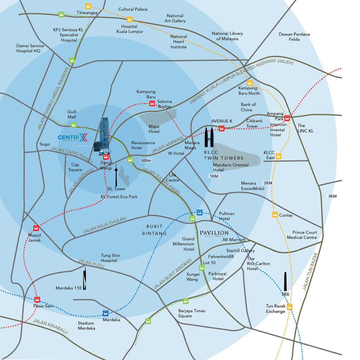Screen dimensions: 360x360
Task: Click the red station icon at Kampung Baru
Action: pyautogui.click(x=152, y=103)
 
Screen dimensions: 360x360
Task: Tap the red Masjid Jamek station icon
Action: pyautogui.click(x=36, y=228)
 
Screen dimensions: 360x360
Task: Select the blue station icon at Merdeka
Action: pyautogui.click(x=105, y=313)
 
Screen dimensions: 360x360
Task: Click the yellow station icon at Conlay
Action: pyautogui.click(x=275, y=215)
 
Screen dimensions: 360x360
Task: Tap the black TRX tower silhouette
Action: pyautogui.click(x=285, y=282)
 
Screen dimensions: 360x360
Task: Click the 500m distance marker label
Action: pyautogui.click(x=146, y=161)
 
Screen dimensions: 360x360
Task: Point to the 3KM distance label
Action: pyautogui.click(x=332, y=196)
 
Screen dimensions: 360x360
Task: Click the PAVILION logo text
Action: pyautogui.click(x=214, y=233)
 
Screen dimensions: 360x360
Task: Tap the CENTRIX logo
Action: pyautogui.click(x=72, y=137)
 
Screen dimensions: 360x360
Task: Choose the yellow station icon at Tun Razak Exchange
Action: pyautogui.click(x=289, y=307)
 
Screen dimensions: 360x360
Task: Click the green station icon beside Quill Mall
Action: pyautogui.click(x=73, y=125)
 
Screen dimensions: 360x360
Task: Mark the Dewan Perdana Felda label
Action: pyautogui.click(x=294, y=37)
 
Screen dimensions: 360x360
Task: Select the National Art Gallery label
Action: pyautogui.click(x=175, y=18)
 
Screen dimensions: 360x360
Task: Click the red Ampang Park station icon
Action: pyautogui.click(x=287, y=118)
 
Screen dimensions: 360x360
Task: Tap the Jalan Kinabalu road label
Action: pyautogui.click(x=50, y=326)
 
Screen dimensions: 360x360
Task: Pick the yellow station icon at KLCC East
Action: pyautogui.click(x=278, y=156)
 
